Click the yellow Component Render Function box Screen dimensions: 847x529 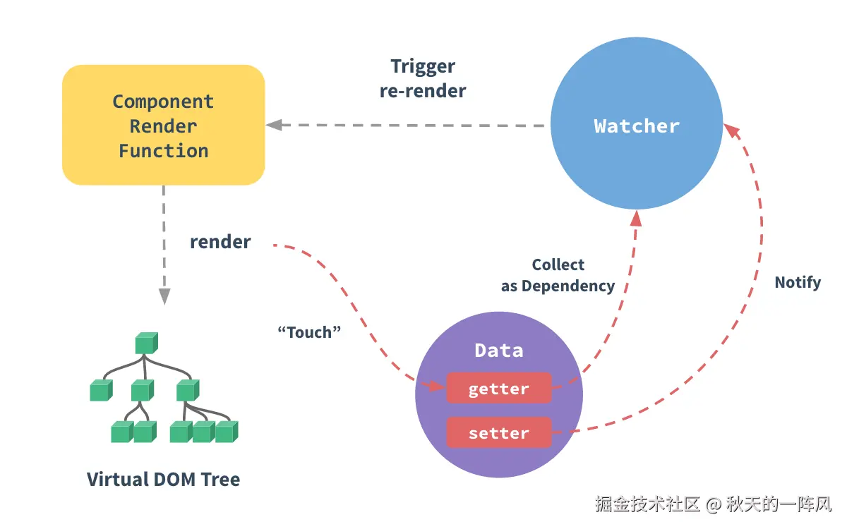163,125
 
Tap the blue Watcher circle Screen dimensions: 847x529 637,123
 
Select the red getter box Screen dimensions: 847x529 499,388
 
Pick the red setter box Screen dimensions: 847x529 499,432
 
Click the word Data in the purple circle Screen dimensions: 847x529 499,351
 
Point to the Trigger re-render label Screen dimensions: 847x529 423,78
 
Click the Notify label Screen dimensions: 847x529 798,283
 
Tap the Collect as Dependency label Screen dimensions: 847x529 558,276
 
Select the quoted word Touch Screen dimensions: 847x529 309,332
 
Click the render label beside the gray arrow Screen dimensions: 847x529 220,242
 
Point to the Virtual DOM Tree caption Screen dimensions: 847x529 163,480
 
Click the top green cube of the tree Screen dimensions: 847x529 147,343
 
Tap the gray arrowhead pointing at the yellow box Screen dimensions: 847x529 275,125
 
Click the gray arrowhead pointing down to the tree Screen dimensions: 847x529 164,296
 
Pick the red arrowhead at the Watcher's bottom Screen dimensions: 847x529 637,219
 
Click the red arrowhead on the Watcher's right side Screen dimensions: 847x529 733,130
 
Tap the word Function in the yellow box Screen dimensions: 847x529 163,151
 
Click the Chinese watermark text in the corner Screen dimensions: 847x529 713,504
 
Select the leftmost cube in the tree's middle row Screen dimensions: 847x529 102,390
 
